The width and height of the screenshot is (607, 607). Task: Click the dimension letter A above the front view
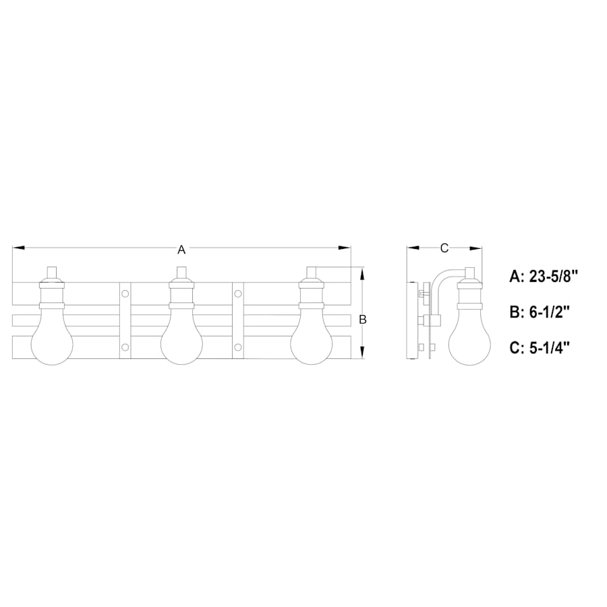pyautogui.click(x=181, y=250)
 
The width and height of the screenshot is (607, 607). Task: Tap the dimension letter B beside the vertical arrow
pyautogui.click(x=362, y=320)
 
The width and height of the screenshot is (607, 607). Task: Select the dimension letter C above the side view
pyautogui.click(x=444, y=248)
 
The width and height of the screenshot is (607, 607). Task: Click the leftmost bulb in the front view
pyautogui.click(x=52, y=341)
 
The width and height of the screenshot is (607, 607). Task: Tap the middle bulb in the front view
pyautogui.click(x=181, y=341)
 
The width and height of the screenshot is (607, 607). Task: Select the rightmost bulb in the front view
pyautogui.click(x=311, y=341)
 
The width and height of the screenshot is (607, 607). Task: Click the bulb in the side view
pyautogui.click(x=469, y=341)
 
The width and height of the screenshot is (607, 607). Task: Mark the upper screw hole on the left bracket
pyautogui.click(x=125, y=293)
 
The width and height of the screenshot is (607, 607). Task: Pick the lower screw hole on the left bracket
pyautogui.click(x=125, y=347)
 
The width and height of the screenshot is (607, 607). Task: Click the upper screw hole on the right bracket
pyautogui.click(x=238, y=293)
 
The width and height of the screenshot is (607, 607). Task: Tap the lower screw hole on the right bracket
pyautogui.click(x=238, y=347)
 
